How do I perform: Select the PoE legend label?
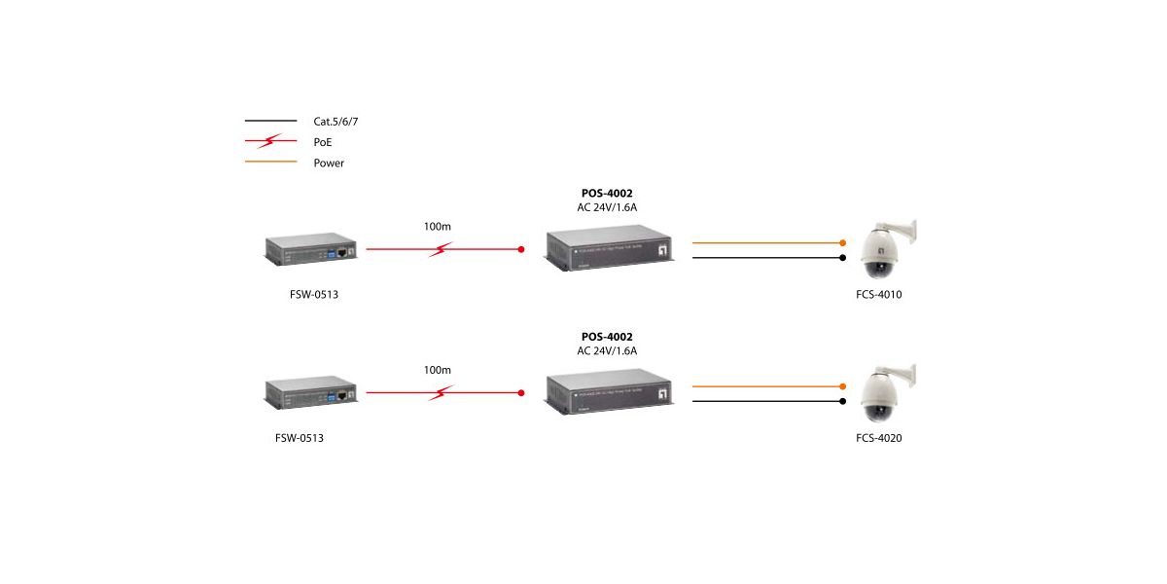[323, 142]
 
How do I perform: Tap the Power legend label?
[329, 164]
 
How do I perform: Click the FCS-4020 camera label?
[879, 438]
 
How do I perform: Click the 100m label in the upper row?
[438, 227]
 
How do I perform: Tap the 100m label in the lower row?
[438, 370]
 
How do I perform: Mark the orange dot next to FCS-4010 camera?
[842, 242]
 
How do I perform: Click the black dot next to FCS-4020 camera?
[842, 401]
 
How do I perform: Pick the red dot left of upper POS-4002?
[522, 250]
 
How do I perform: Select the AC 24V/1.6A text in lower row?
[607, 350]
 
